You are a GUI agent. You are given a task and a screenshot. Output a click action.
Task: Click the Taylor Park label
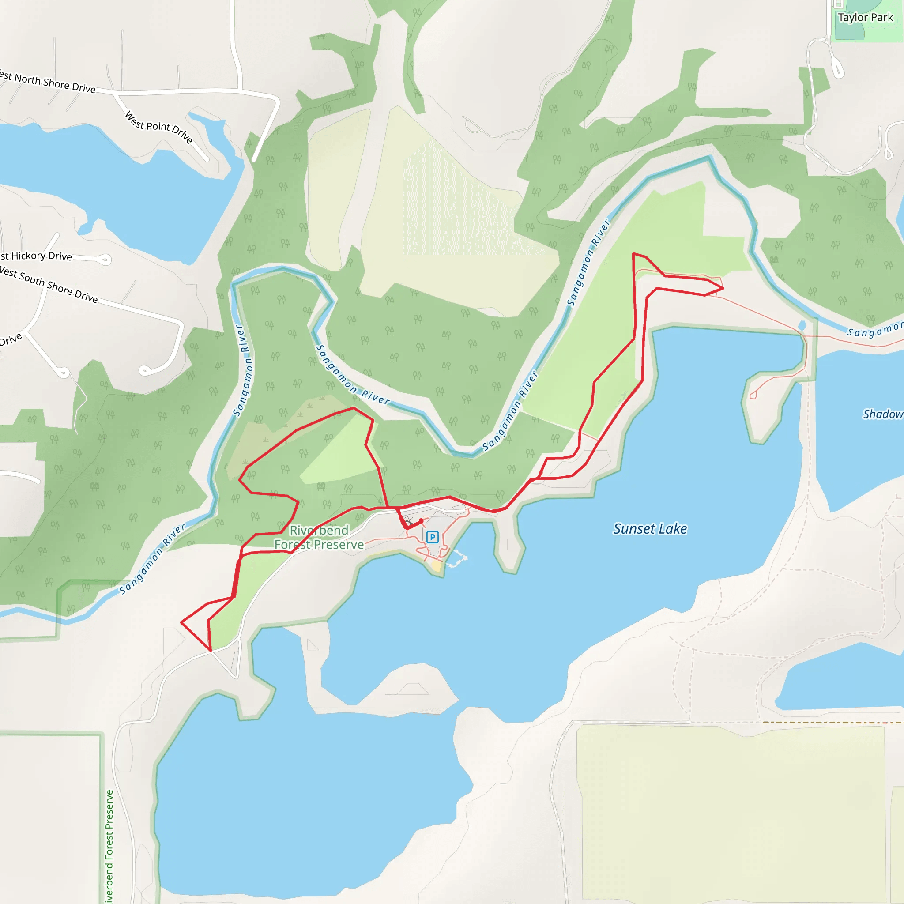pyautogui.click(x=865, y=18)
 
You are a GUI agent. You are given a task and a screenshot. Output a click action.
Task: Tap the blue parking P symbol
pyautogui.click(x=432, y=537)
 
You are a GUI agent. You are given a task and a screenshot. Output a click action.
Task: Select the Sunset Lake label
pyautogui.click(x=650, y=529)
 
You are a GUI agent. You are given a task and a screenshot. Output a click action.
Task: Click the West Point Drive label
pyautogui.click(x=159, y=127)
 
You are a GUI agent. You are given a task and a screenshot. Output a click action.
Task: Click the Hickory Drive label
pyautogui.click(x=37, y=256)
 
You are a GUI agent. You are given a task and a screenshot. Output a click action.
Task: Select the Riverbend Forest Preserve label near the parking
pyautogui.click(x=319, y=537)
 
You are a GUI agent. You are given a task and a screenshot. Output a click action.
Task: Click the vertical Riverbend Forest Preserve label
pyautogui.click(x=109, y=847)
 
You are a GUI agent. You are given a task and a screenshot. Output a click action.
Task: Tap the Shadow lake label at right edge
pyautogui.click(x=882, y=414)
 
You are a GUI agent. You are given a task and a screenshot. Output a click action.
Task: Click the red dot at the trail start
pyautogui.click(x=421, y=521)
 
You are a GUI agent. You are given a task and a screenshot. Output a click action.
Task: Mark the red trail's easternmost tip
pyautogui.click(x=723, y=288)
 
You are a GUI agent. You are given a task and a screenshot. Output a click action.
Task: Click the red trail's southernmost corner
pyautogui.click(x=211, y=650)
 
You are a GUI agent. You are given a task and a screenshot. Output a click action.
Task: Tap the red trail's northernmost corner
pyautogui.click(x=633, y=254)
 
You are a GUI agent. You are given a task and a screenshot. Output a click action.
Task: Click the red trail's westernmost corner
pyautogui.click(x=181, y=622)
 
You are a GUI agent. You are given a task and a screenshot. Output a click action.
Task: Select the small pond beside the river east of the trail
pyautogui.click(x=802, y=326)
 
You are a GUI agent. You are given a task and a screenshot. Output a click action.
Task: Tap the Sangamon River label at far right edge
pyautogui.click(x=874, y=330)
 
